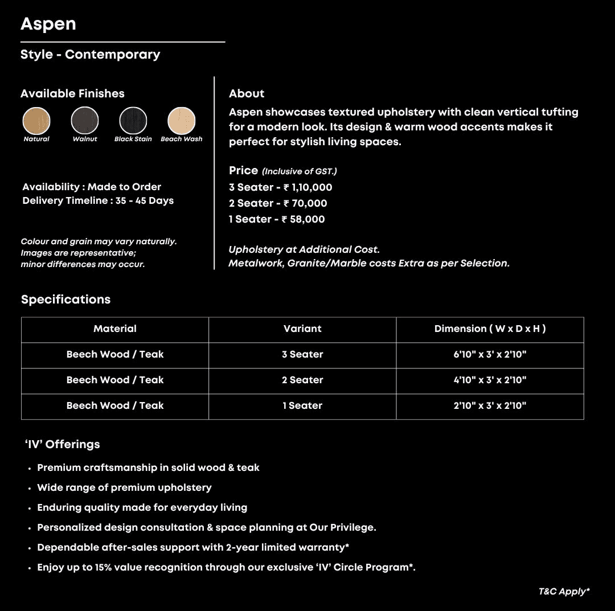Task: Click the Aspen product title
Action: pyautogui.click(x=48, y=24)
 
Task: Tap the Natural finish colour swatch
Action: pyautogui.click(x=36, y=121)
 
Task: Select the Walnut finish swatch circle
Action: pyautogui.click(x=85, y=121)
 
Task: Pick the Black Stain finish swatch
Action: pyautogui.click(x=133, y=121)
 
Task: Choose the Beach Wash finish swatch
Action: pyautogui.click(x=182, y=121)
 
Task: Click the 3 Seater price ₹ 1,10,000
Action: pyautogui.click(x=307, y=187)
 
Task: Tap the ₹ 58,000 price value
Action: pyautogui.click(x=303, y=219)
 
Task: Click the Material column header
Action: pyautogui.click(x=115, y=329)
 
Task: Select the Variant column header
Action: pyautogui.click(x=302, y=329)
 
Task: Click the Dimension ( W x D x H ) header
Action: pyautogui.click(x=490, y=329)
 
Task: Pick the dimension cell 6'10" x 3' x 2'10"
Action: pyautogui.click(x=490, y=354)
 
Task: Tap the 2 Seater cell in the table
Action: pyautogui.click(x=302, y=380)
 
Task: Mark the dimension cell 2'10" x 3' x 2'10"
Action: pyautogui.click(x=490, y=405)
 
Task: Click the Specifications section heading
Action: pyautogui.click(x=66, y=300)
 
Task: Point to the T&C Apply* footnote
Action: pyautogui.click(x=564, y=592)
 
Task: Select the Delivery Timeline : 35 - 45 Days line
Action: pyautogui.click(x=98, y=200)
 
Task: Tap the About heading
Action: pyautogui.click(x=247, y=93)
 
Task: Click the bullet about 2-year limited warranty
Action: pyautogui.click(x=192, y=547)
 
